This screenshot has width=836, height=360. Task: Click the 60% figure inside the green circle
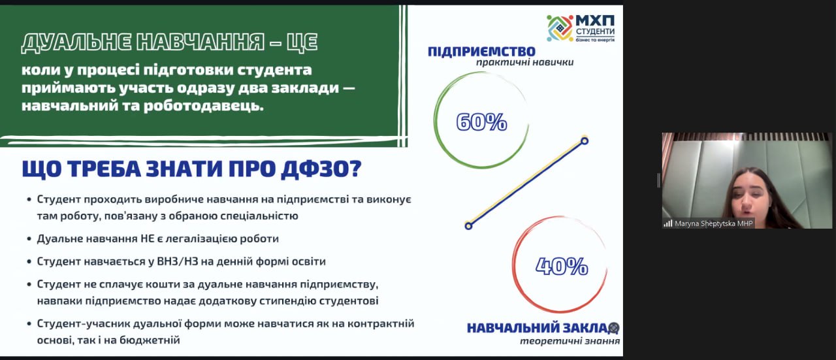point(481,122)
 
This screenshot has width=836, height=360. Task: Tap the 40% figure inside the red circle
point(562,266)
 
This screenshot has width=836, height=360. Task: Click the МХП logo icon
point(560,28)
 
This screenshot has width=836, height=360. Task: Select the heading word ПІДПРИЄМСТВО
point(481,51)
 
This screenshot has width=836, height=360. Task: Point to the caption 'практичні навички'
point(524,62)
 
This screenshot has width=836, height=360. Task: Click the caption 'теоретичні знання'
point(570,341)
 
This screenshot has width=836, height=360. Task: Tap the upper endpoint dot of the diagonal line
point(585,140)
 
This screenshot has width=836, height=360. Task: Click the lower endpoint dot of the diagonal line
point(468,225)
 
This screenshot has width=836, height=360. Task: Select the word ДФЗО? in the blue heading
point(321,169)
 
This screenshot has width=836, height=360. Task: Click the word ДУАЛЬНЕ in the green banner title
point(76,42)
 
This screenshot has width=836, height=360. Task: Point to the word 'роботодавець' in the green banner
point(203,106)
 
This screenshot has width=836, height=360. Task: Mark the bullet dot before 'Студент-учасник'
point(29,324)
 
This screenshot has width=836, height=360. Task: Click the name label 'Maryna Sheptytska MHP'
point(714,223)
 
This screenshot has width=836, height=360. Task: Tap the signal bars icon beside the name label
point(668,223)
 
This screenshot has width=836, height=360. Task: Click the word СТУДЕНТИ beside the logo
point(595,31)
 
